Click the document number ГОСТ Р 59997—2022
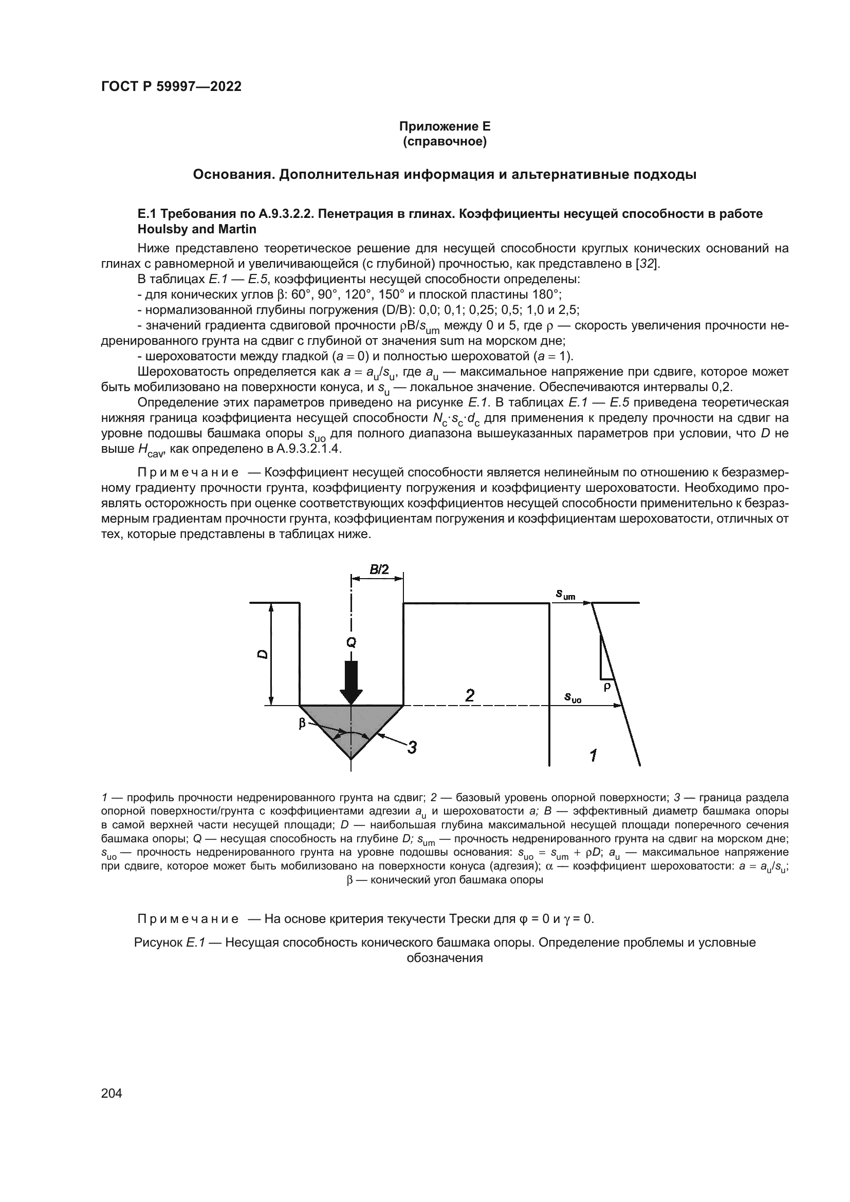(171, 87)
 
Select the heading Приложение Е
(445, 126)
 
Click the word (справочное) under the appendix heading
(445, 142)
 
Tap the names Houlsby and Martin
(197, 229)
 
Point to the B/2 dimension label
(379, 569)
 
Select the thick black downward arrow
(351, 681)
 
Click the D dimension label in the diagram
(263, 654)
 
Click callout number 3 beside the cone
(412, 748)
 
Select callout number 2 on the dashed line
(470, 696)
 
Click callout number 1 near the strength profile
(593, 755)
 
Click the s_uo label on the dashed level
(572, 697)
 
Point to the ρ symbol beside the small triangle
(606, 687)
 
